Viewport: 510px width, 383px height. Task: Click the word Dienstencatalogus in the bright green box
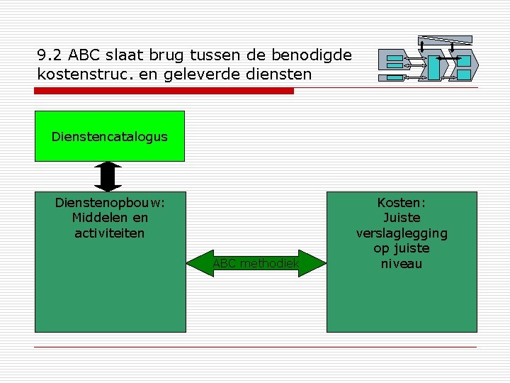[110, 137]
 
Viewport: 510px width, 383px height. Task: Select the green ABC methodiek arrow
[256, 263]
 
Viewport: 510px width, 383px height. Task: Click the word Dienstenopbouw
[110, 202]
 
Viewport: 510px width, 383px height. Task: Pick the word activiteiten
[110, 233]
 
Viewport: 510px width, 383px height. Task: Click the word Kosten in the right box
[401, 202]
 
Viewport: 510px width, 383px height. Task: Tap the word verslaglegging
[402, 233]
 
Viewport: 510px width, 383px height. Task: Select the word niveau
[402, 264]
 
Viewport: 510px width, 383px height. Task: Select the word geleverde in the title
[210, 73]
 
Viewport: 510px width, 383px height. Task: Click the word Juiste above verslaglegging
[402, 218]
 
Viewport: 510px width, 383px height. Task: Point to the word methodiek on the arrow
[270, 264]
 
